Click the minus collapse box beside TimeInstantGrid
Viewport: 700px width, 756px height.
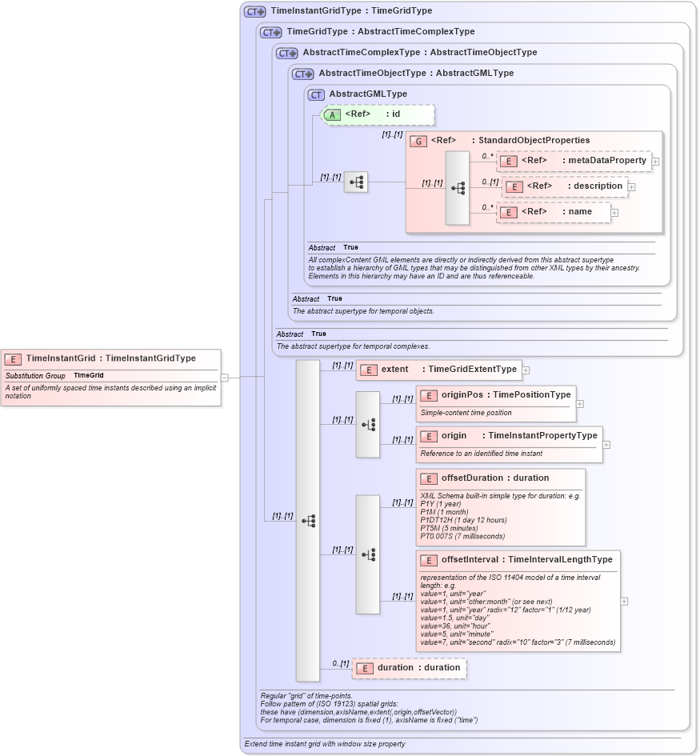click(225, 377)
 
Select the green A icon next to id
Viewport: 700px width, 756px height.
click(332, 114)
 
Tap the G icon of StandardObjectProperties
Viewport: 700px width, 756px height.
click(418, 141)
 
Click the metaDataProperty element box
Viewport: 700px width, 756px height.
click(574, 161)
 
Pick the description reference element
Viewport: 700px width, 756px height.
click(565, 186)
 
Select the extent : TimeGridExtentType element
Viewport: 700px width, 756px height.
click(438, 370)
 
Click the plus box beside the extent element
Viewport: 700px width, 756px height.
click(526, 370)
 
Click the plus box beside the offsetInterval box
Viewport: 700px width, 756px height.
click(624, 601)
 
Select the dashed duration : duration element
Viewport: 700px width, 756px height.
click(410, 668)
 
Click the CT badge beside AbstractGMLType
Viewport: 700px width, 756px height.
click(316, 94)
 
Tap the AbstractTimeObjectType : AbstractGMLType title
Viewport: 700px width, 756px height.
click(415, 74)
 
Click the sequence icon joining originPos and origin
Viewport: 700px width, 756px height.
click(368, 425)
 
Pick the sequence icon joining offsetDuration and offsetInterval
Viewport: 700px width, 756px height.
click(368, 554)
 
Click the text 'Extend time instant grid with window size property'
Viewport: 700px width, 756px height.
click(324, 744)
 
